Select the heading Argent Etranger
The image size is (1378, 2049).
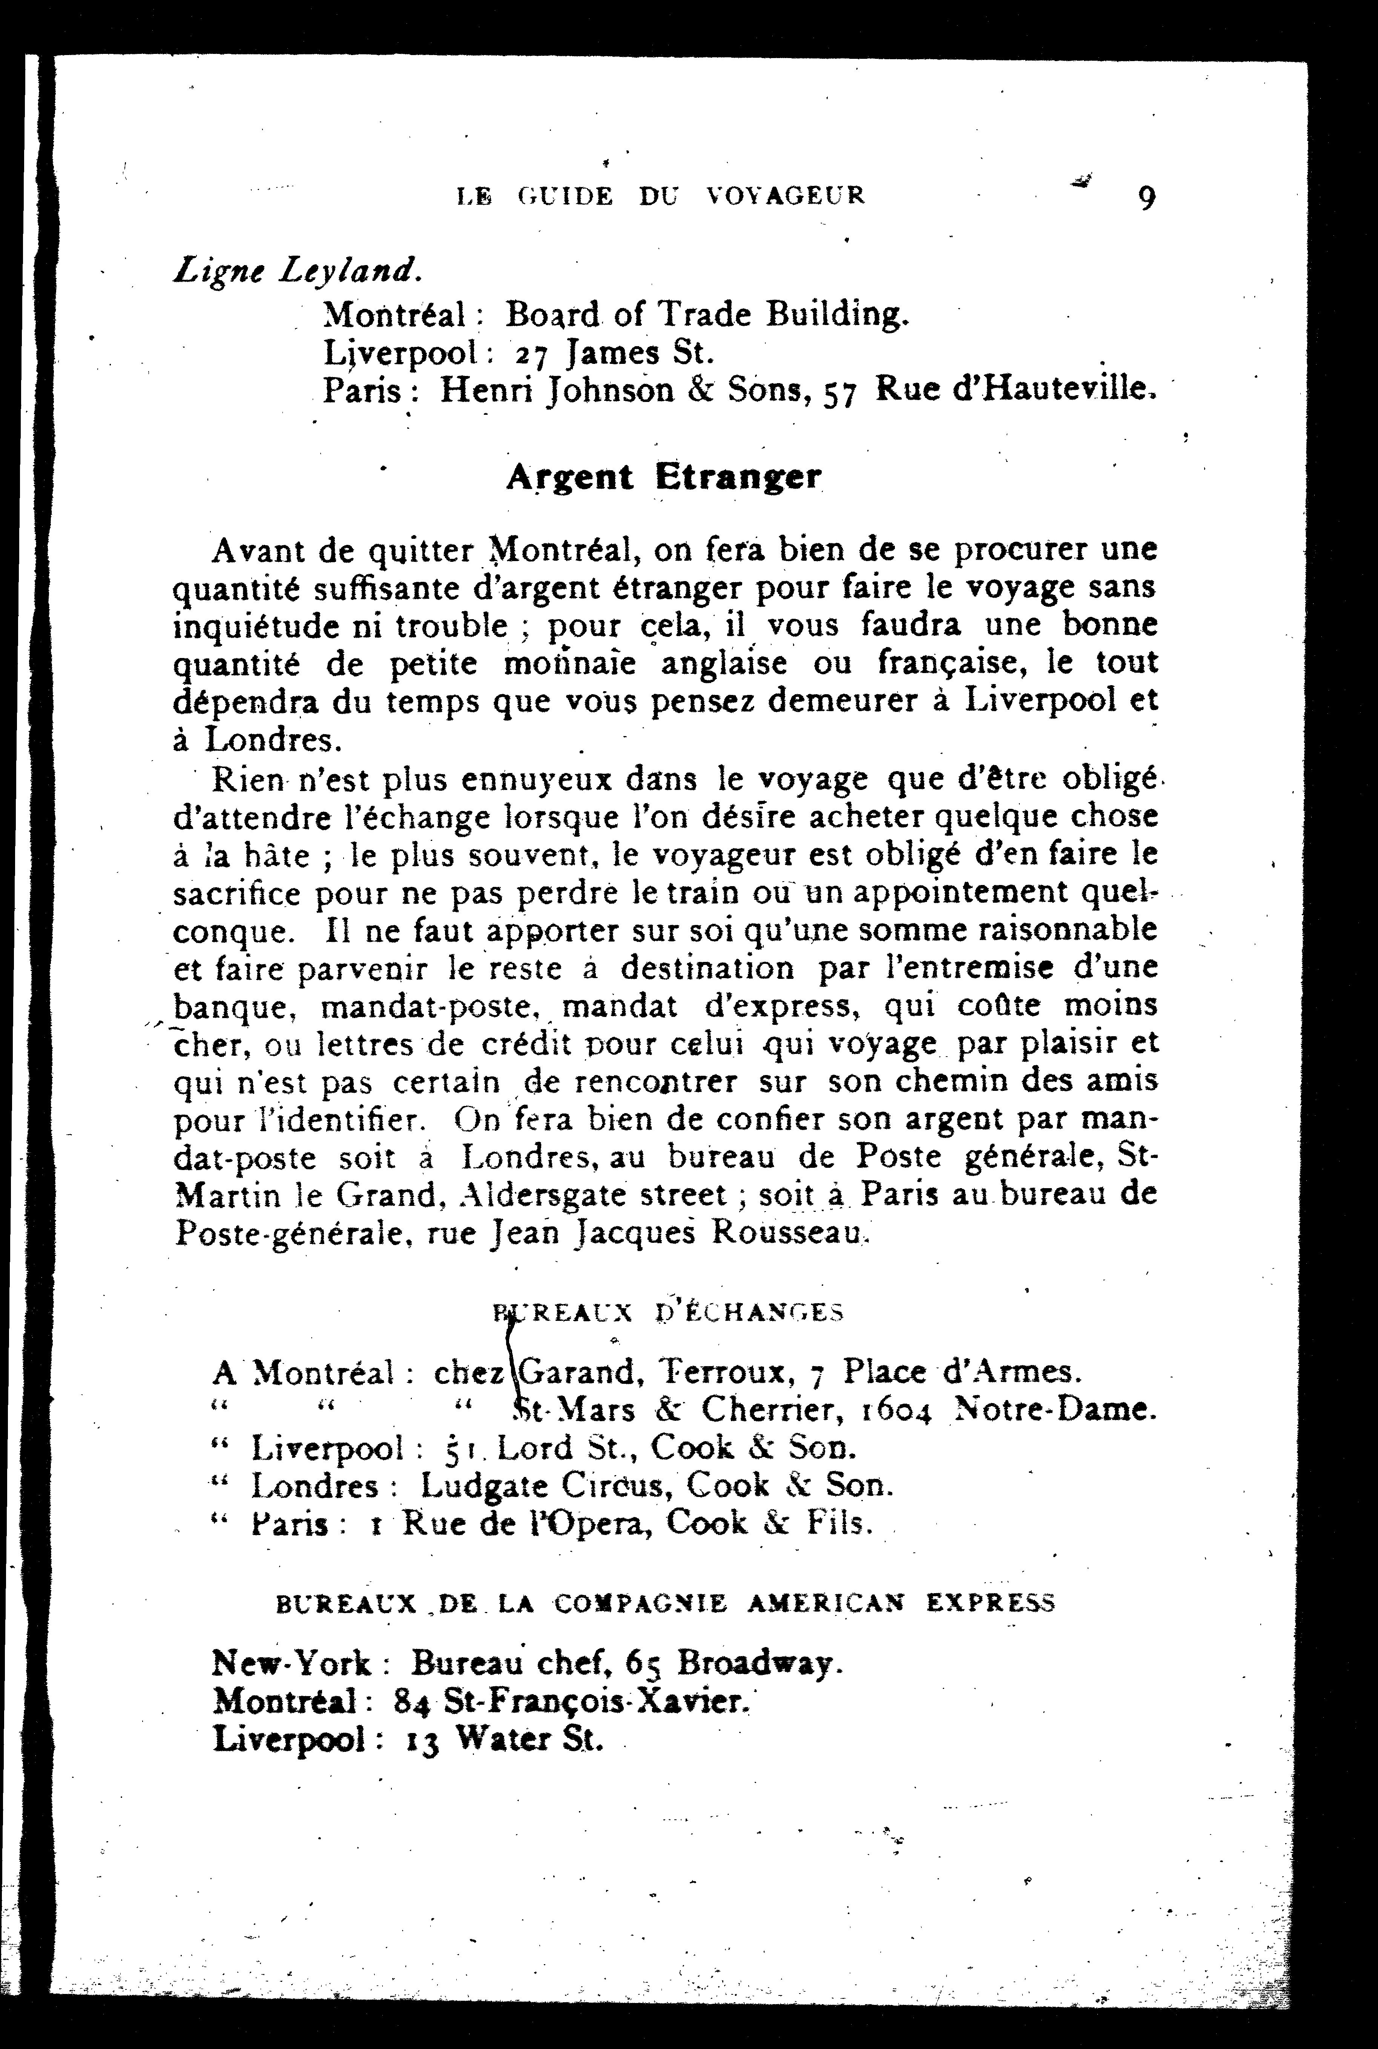[x=664, y=477]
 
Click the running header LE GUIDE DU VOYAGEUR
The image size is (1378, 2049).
[x=661, y=195]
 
